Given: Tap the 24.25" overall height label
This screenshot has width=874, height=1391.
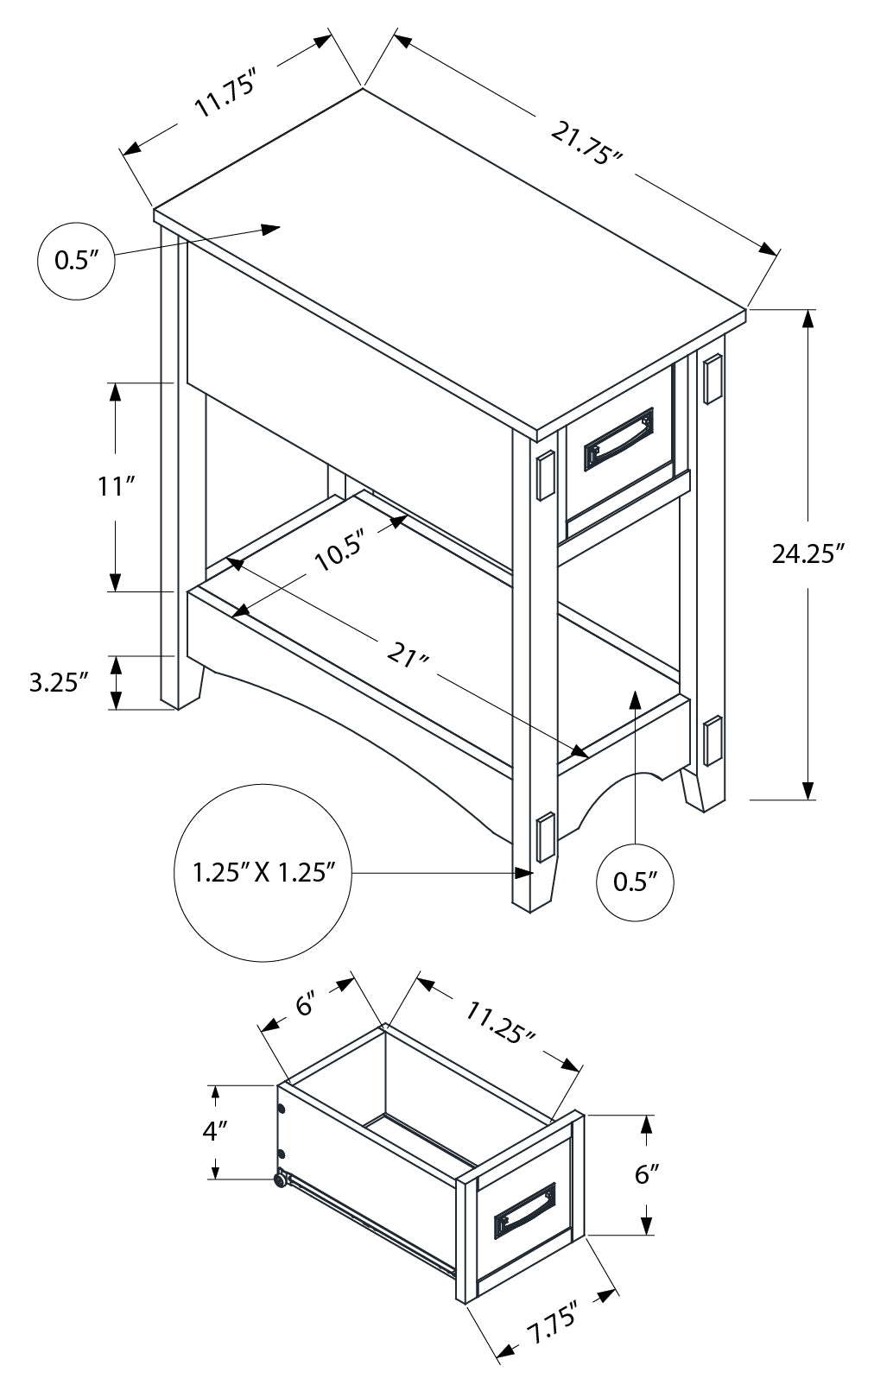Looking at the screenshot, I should [x=807, y=554].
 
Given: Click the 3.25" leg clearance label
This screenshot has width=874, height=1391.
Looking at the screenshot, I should [x=59, y=683].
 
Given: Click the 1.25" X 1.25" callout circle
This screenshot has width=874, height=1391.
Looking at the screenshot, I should [x=263, y=873].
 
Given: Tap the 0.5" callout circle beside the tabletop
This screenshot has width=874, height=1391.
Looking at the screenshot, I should [x=77, y=261].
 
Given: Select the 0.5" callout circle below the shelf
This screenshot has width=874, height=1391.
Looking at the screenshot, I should [x=635, y=882].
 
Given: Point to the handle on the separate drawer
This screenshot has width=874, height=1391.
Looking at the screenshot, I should [x=525, y=1211].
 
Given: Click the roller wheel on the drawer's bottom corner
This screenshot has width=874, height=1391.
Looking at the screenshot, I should [x=280, y=1179].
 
